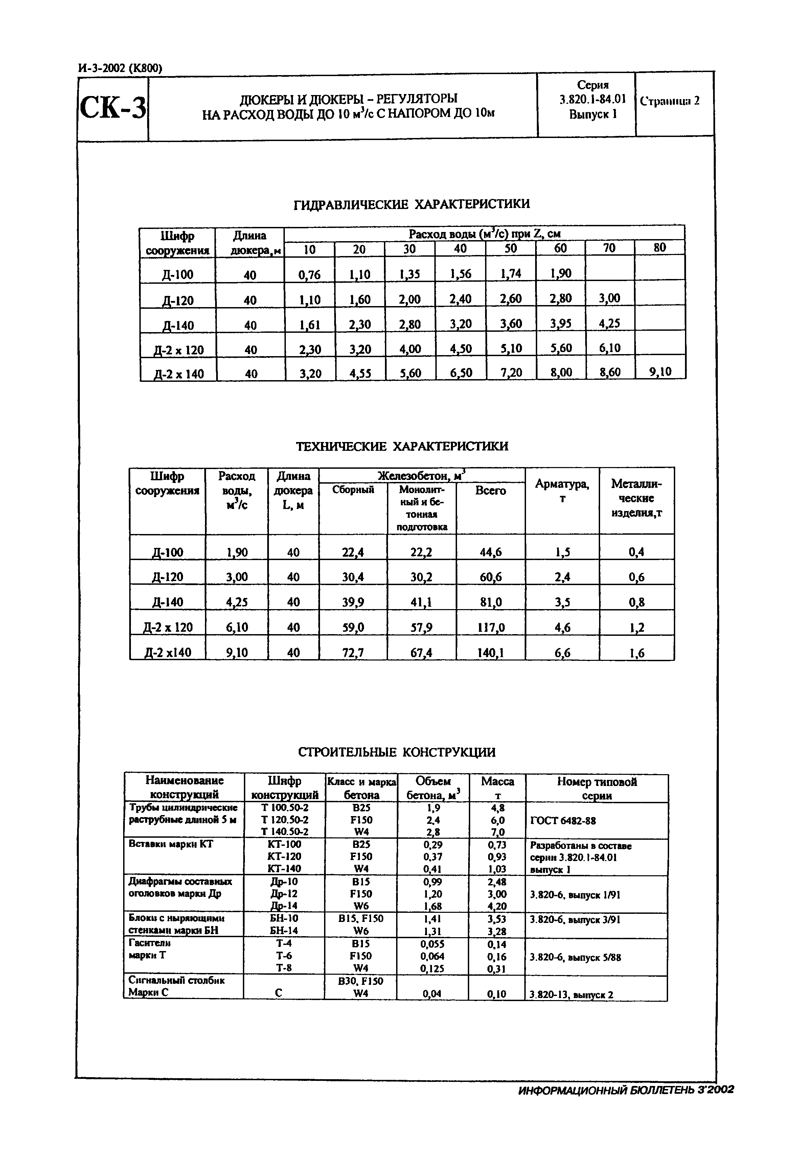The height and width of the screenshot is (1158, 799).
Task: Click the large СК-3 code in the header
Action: pyautogui.click(x=113, y=107)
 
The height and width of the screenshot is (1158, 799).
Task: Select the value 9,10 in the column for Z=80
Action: pyautogui.click(x=660, y=371)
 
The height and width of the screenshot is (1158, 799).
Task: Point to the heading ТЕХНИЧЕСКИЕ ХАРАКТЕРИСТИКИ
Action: pyautogui.click(x=402, y=446)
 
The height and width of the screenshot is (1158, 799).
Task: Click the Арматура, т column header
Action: pyautogui.click(x=562, y=491)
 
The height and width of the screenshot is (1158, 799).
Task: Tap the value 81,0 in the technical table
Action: pyautogui.click(x=490, y=602)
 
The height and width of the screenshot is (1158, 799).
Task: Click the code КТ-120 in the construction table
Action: pyautogui.click(x=284, y=857)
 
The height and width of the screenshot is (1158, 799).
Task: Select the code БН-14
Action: pyautogui.click(x=284, y=930)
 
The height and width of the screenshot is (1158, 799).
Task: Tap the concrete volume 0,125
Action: pyautogui.click(x=432, y=968)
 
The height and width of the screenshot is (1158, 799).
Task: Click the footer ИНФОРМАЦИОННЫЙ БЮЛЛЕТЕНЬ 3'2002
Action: pyautogui.click(x=626, y=1089)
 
